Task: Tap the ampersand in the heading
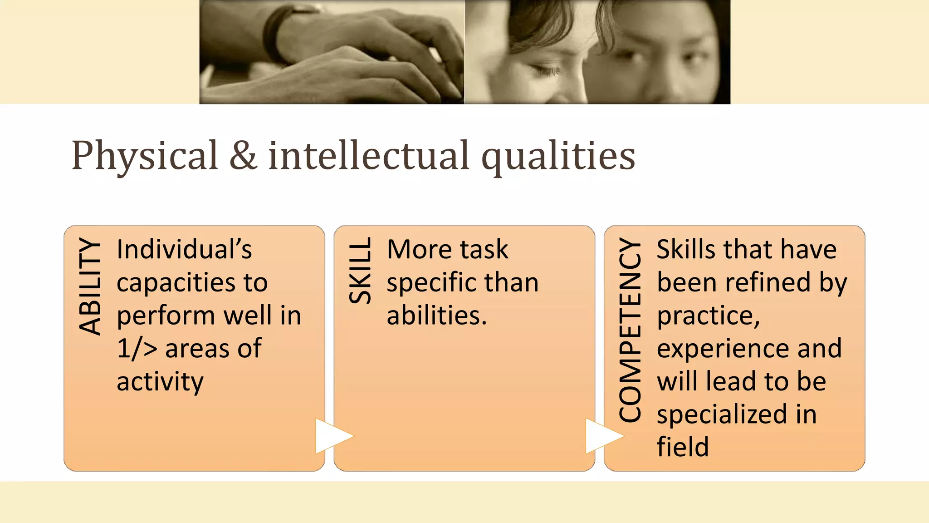click(x=243, y=156)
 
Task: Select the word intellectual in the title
click(x=368, y=156)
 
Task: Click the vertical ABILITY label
click(x=90, y=286)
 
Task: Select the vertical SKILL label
click(x=360, y=271)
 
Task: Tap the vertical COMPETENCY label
click(x=630, y=330)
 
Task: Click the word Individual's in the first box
click(x=184, y=250)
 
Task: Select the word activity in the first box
click(x=160, y=382)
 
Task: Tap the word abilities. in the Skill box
click(x=436, y=316)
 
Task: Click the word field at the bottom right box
click(x=682, y=447)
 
